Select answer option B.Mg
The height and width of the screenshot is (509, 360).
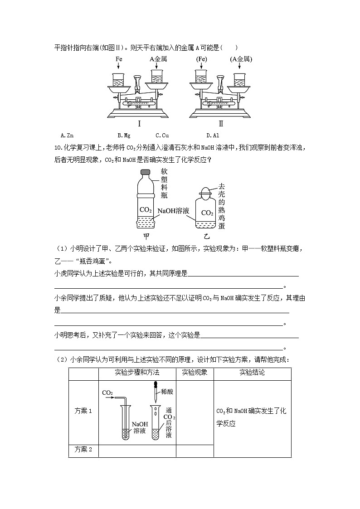click(x=123, y=135)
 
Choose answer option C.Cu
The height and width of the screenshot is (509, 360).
click(x=162, y=135)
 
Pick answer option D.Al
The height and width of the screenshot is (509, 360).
click(x=213, y=135)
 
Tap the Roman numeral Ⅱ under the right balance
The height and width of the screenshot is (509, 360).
click(x=221, y=124)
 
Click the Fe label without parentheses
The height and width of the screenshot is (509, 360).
click(x=119, y=59)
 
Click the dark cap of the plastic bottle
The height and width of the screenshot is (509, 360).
click(x=146, y=172)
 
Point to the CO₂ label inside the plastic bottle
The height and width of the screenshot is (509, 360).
click(x=146, y=209)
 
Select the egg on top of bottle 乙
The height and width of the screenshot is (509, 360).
click(x=206, y=191)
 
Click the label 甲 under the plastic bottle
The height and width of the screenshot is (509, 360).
click(x=146, y=236)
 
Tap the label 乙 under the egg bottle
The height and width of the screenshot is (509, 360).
click(x=206, y=236)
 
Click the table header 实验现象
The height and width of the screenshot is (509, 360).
click(x=195, y=373)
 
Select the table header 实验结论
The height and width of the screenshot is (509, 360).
click(x=252, y=373)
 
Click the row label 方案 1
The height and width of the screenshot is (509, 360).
click(x=83, y=411)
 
